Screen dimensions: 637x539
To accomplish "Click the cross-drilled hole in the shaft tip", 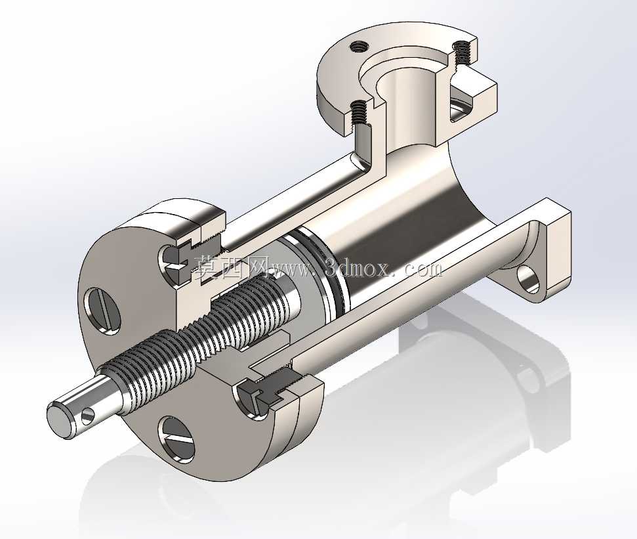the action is tap(87, 416).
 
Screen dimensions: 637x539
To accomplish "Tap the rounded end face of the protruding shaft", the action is tap(59, 420).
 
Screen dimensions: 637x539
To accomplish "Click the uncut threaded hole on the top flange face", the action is tap(359, 47).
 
